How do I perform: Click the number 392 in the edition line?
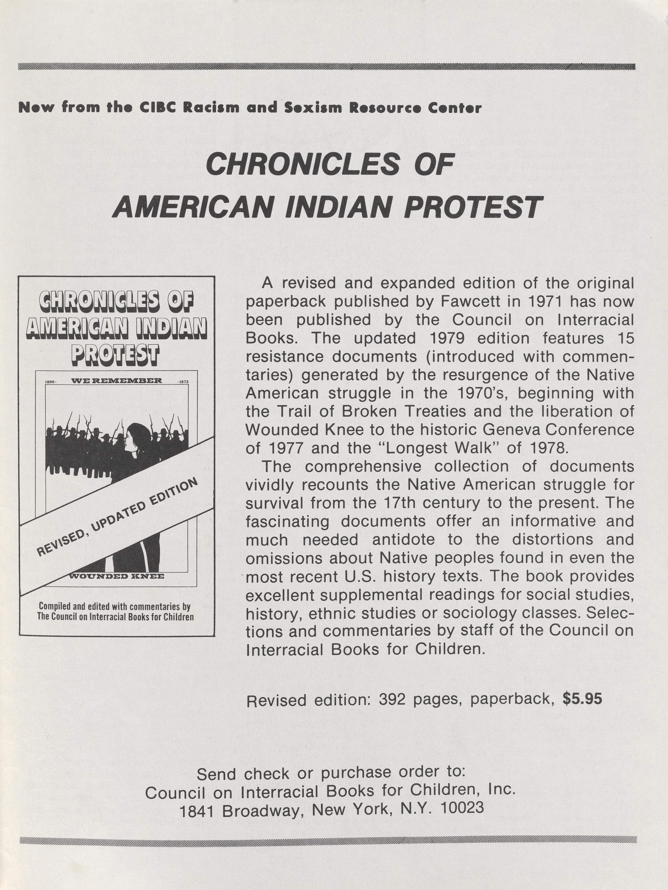pyautogui.click(x=392, y=700)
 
